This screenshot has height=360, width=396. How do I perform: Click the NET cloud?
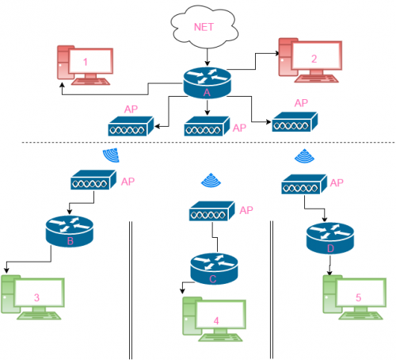click(x=204, y=27)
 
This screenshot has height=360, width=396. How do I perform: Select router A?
click(x=208, y=82)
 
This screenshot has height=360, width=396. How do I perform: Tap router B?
click(x=70, y=232)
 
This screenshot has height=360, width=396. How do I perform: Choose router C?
click(x=214, y=269)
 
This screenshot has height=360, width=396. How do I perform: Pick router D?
click(x=330, y=238)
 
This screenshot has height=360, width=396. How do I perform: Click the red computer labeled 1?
click(x=86, y=65)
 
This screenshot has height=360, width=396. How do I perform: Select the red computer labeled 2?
click(x=310, y=60)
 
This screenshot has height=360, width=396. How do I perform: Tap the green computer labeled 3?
click(x=32, y=297)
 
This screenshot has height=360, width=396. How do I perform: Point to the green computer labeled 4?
click(x=214, y=320)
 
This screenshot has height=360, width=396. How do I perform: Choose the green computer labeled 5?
click(x=355, y=297)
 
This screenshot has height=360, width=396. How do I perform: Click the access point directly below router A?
click(x=207, y=126)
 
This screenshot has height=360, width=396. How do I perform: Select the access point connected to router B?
click(x=93, y=180)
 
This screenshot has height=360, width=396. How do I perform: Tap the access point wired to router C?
click(x=212, y=211)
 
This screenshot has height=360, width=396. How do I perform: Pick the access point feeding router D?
click(x=304, y=184)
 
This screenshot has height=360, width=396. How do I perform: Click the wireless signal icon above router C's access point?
click(x=211, y=180)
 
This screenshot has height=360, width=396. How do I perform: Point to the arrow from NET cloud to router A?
click(x=208, y=57)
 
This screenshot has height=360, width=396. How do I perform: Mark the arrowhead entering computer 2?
click(x=277, y=53)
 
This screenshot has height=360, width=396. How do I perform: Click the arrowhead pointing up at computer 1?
click(x=62, y=86)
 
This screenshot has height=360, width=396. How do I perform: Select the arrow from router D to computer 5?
click(x=329, y=265)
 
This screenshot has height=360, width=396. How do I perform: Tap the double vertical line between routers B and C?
click(x=131, y=290)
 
